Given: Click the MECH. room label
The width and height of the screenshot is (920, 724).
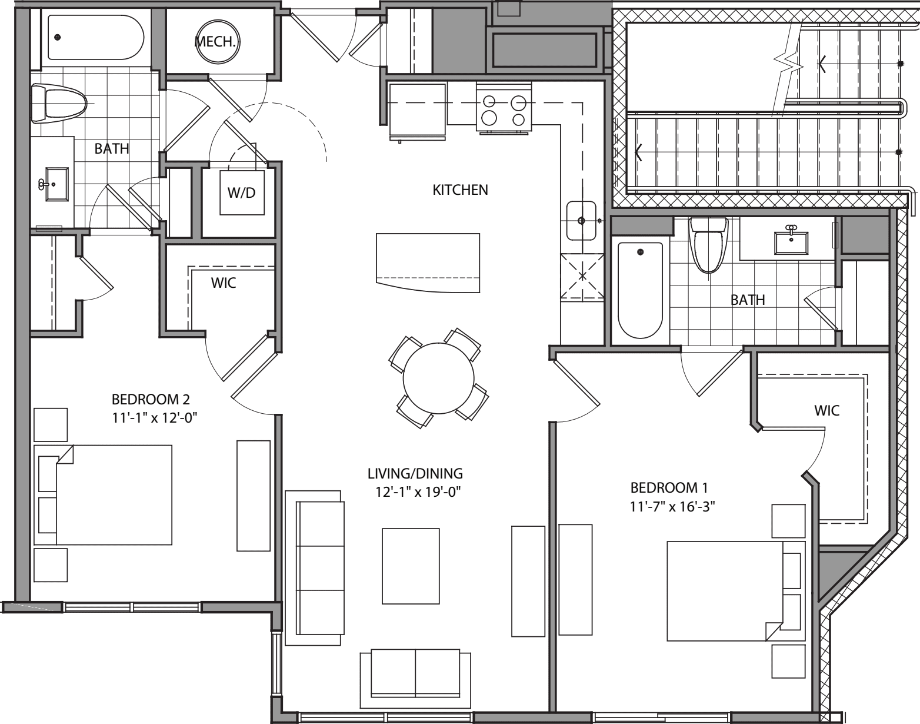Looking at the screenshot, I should pyautogui.click(x=211, y=42).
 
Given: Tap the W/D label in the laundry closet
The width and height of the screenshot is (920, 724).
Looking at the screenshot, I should pyautogui.click(x=242, y=192).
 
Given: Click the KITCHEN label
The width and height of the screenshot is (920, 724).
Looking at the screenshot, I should pyautogui.click(x=460, y=190).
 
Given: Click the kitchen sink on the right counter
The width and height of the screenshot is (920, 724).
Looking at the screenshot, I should pyautogui.click(x=581, y=221).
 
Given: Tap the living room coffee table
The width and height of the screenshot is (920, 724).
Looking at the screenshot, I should pyautogui.click(x=411, y=566).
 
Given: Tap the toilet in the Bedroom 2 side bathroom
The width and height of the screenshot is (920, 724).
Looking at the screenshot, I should pyautogui.click(x=58, y=104).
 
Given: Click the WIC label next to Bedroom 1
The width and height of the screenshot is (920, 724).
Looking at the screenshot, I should pyautogui.click(x=826, y=410).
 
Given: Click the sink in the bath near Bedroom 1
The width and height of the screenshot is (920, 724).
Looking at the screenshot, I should pyautogui.click(x=791, y=241).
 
